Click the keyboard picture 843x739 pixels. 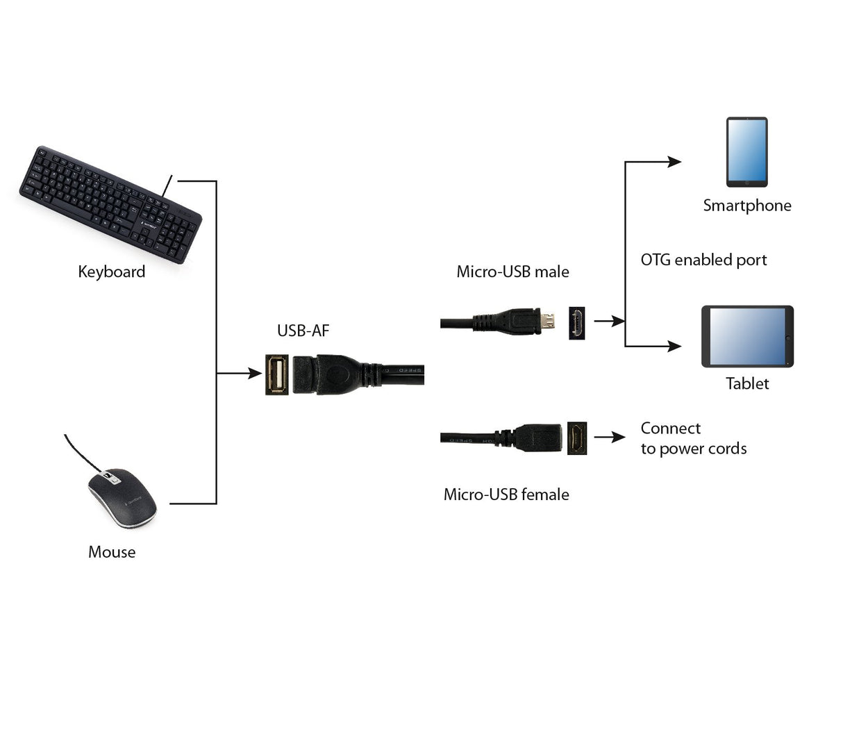[x=110, y=204]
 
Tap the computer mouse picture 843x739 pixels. [x=122, y=497]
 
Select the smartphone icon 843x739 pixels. [x=746, y=152]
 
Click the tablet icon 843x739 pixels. [x=747, y=337]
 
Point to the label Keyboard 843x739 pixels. [x=111, y=272]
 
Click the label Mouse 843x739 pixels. [x=112, y=552]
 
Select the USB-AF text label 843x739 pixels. [x=303, y=331]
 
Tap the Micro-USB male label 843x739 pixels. [x=512, y=272]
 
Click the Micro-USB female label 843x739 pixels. [x=506, y=495]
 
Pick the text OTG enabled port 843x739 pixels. [x=703, y=260]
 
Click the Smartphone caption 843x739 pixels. [x=746, y=206]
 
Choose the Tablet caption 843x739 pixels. [x=747, y=383]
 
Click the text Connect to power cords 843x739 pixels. [x=693, y=438]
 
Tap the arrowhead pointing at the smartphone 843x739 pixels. [x=674, y=162]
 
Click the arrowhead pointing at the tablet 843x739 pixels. [x=674, y=346]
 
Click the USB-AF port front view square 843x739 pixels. [x=277, y=375]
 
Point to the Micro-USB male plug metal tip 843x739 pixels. [x=549, y=321]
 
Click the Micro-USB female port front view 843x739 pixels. [x=577, y=438]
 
